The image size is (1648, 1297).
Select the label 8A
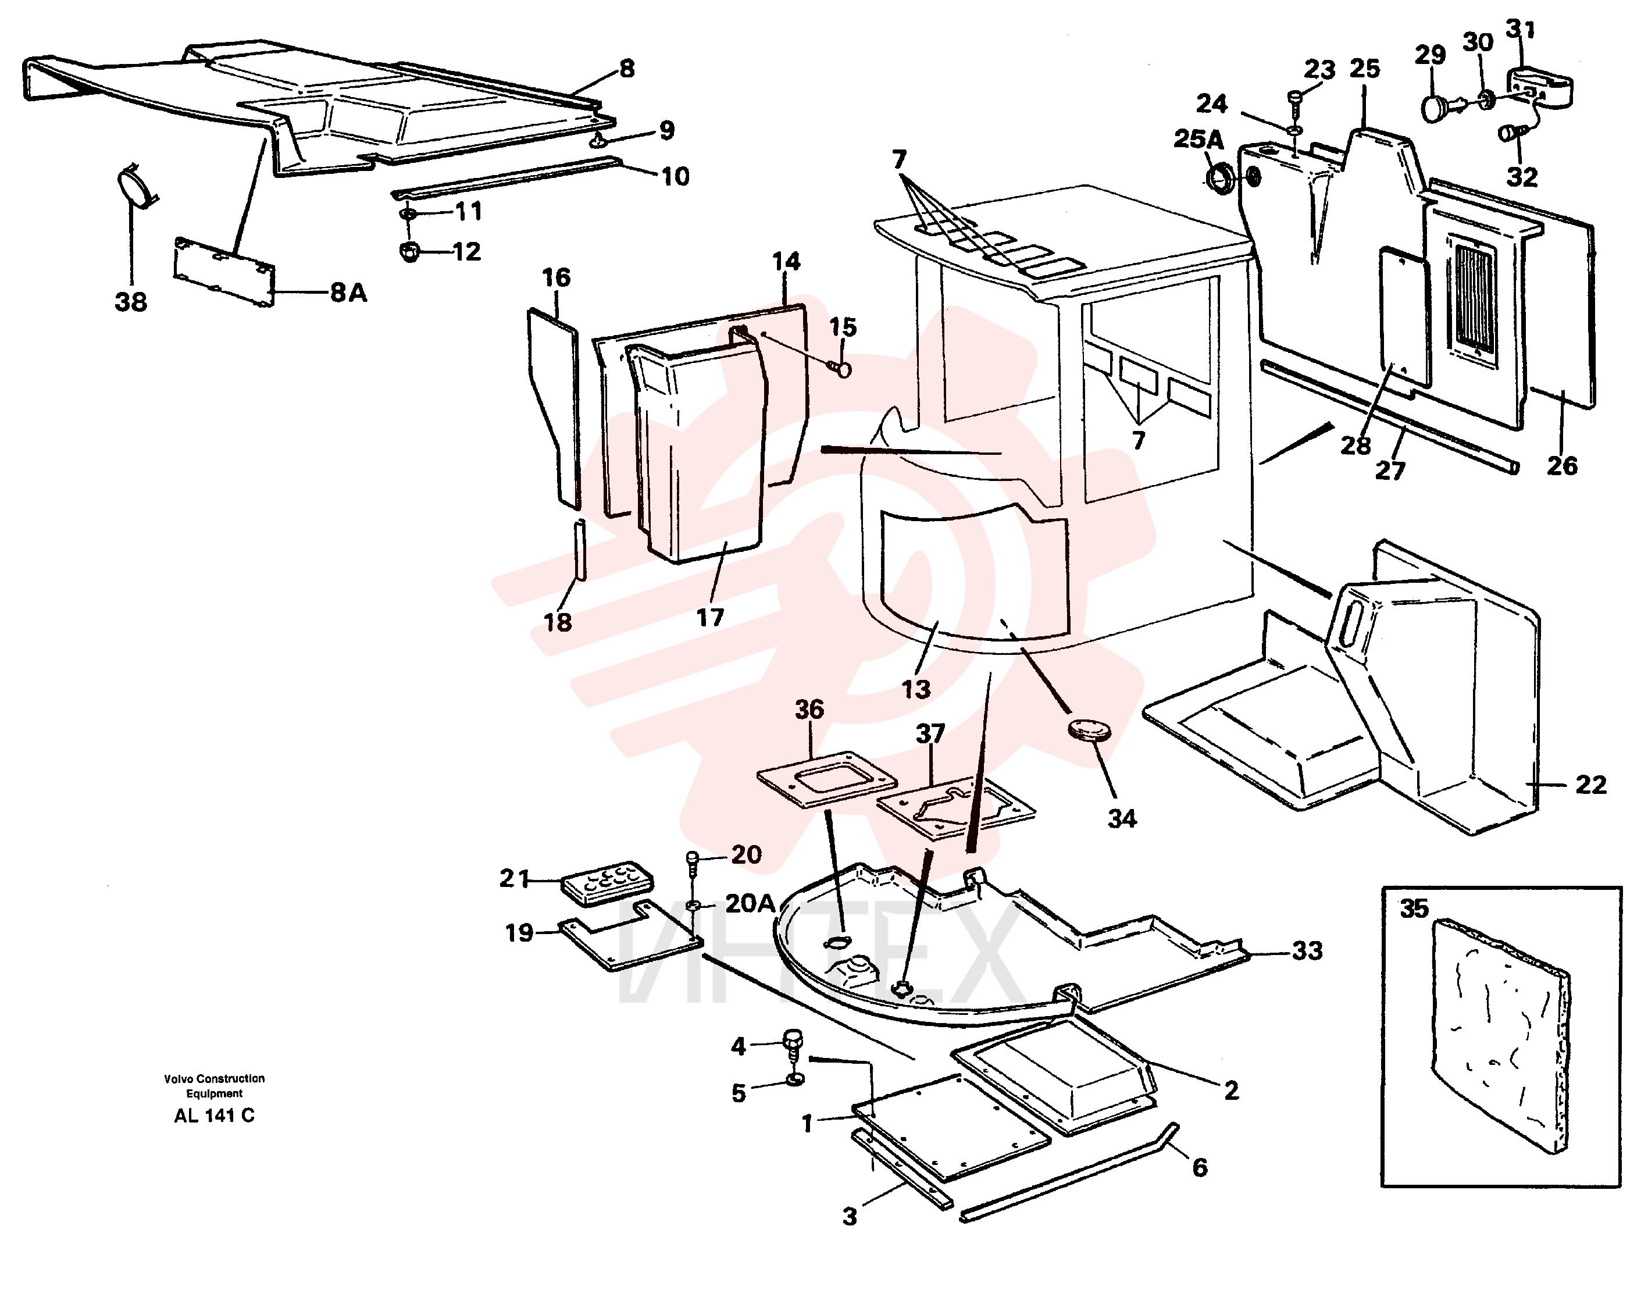coord(348,293)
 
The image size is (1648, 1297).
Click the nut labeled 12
coord(410,251)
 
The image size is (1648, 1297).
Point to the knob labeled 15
coord(841,369)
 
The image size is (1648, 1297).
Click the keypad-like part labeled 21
coord(607,883)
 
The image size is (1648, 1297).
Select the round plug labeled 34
coord(1090,731)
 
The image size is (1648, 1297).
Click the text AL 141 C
coord(214,1116)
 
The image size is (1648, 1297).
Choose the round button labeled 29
coord(1435,108)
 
